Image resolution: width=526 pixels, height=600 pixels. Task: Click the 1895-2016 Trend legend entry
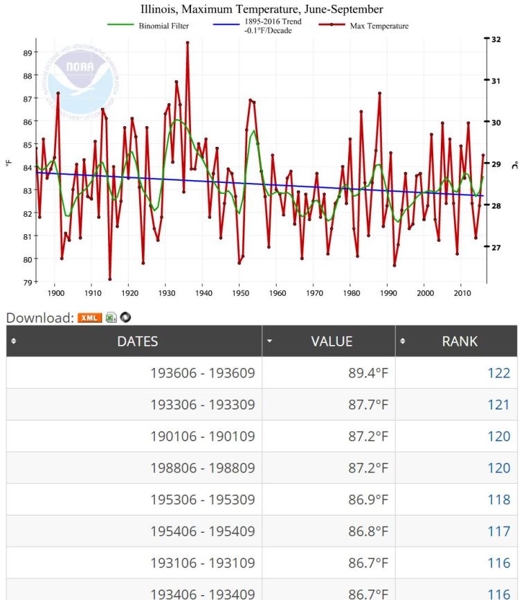point(273,26)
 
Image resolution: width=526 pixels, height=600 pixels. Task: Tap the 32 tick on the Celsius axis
point(496,39)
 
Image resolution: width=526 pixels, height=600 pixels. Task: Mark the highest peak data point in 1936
point(188,43)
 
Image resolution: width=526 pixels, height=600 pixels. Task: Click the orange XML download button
point(89,318)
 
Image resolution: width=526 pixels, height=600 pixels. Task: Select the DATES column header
point(137,341)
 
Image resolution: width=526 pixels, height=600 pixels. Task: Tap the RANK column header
point(459,341)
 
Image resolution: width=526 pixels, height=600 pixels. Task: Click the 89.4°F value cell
point(368,373)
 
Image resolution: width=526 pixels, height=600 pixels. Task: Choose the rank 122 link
point(498,373)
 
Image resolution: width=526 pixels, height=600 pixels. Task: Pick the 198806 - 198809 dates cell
point(202,468)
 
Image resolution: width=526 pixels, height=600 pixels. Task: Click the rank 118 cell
point(498,500)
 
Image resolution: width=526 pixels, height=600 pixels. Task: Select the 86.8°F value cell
point(368,531)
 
